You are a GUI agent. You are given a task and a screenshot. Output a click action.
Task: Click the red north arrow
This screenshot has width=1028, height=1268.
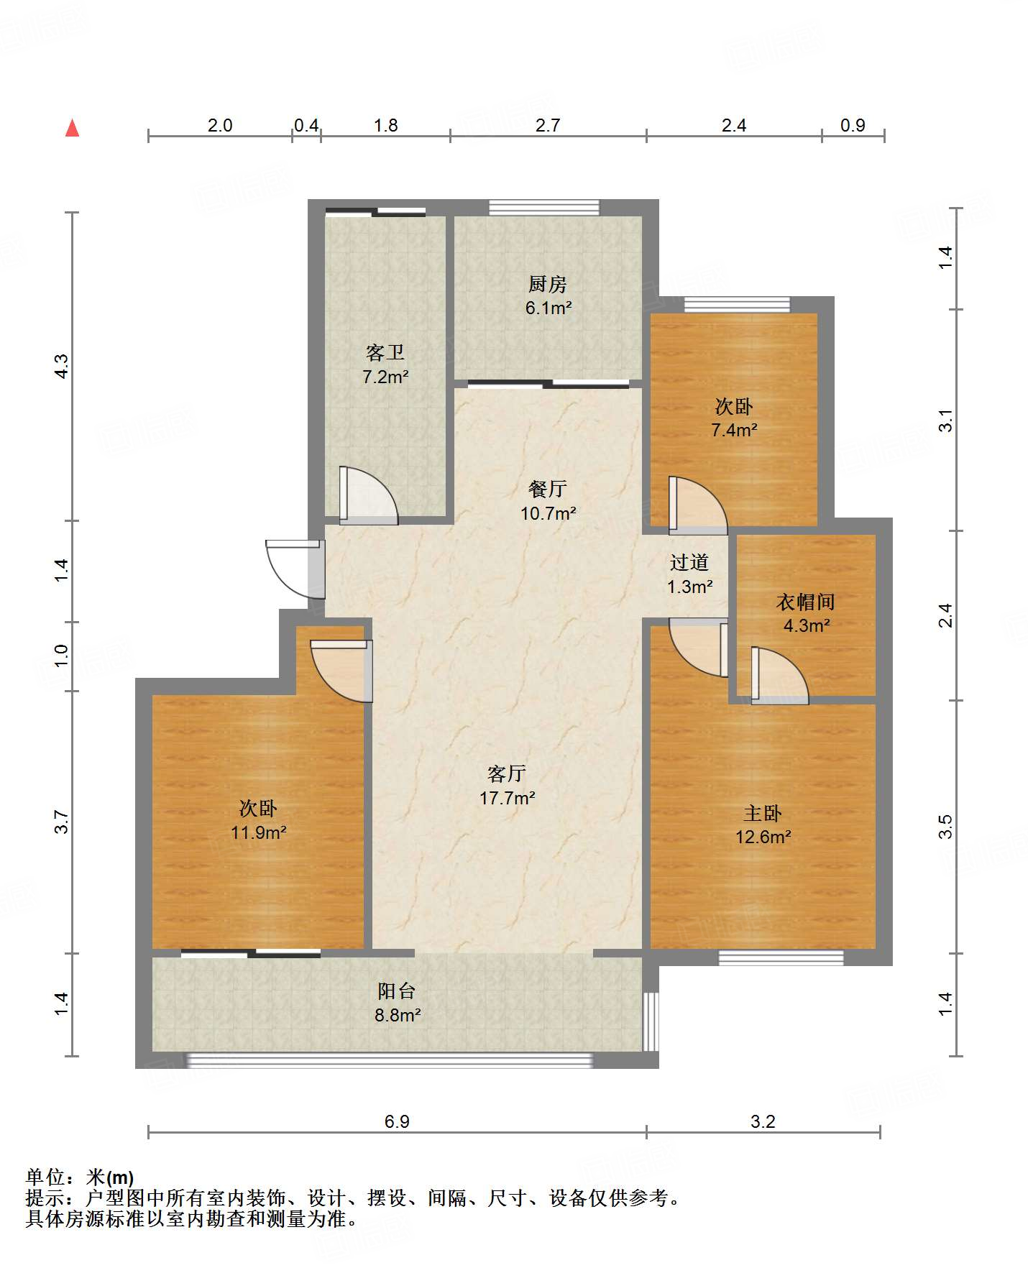tap(72, 128)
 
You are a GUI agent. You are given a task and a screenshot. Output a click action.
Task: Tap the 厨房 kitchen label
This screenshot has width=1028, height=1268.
tap(548, 284)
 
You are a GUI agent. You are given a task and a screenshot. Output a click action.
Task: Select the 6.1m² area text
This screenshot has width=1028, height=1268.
tap(549, 308)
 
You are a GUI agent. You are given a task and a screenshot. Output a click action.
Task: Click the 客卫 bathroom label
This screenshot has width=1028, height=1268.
tap(385, 352)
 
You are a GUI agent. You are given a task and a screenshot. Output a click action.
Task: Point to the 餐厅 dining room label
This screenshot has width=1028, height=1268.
tap(548, 489)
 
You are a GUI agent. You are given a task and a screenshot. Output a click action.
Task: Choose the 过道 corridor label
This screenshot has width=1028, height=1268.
tap(689, 562)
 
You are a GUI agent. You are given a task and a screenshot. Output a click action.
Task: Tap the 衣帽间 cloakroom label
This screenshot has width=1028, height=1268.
tap(806, 601)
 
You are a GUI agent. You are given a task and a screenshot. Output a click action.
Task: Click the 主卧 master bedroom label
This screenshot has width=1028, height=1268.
tap(763, 813)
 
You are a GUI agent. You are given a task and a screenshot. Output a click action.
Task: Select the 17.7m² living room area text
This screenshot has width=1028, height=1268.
tap(508, 798)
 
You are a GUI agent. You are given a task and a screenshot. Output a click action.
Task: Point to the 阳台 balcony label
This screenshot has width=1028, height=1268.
tap(397, 991)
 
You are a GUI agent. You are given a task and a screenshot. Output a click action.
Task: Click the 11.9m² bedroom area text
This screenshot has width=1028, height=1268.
tap(259, 832)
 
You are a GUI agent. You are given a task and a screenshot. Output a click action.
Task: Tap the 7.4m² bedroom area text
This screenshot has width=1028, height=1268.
tap(735, 431)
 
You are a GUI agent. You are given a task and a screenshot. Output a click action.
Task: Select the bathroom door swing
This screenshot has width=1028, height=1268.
tap(369, 495)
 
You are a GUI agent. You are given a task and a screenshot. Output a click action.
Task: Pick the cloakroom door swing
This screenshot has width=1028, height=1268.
tap(780, 676)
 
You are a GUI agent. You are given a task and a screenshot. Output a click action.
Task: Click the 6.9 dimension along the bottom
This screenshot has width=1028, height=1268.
tap(397, 1121)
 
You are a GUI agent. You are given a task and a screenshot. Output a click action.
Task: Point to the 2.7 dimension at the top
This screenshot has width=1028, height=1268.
tap(548, 125)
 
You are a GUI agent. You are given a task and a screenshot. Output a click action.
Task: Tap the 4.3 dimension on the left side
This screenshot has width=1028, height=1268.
tap(62, 367)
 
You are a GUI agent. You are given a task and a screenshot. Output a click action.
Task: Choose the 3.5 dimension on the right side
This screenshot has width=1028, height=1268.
tap(946, 827)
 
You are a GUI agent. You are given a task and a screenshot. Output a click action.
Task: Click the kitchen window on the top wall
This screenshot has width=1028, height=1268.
tap(544, 208)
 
